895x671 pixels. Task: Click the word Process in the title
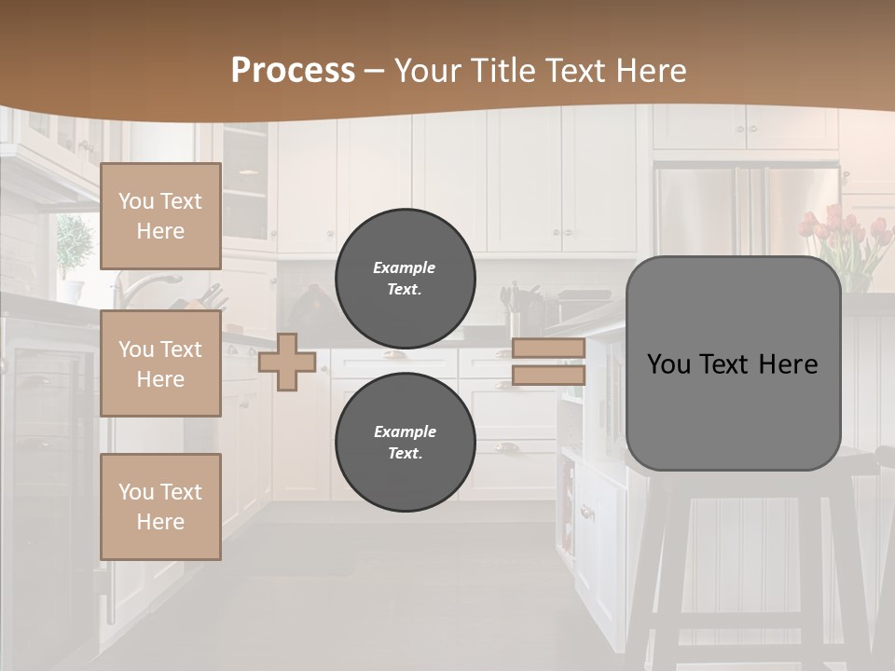click(293, 71)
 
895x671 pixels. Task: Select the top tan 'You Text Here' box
click(160, 216)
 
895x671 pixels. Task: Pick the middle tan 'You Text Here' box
click(160, 363)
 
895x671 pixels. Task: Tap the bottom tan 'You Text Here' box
click(160, 507)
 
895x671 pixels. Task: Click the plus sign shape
click(287, 362)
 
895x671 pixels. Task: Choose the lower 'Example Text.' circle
click(406, 443)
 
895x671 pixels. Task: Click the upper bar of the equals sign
click(548, 348)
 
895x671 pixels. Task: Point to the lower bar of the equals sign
click(548, 376)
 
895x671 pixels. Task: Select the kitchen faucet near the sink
click(149, 284)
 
